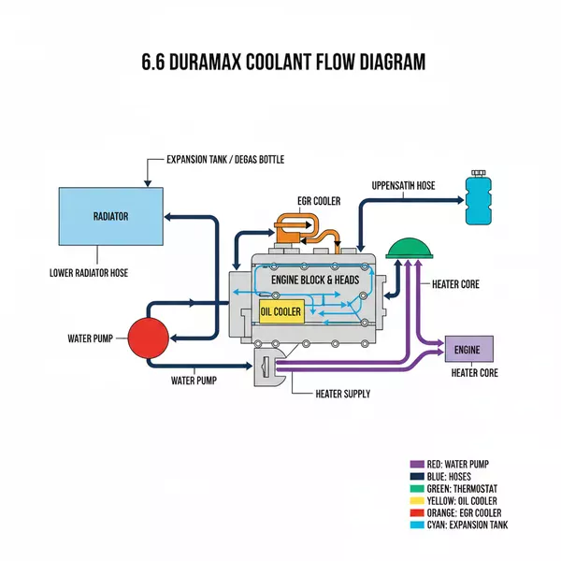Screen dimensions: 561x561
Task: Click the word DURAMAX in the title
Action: click(x=246, y=63)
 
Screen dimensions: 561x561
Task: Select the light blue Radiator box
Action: click(x=110, y=217)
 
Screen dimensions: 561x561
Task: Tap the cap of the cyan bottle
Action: click(x=480, y=175)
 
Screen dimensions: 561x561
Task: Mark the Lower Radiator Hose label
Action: click(x=88, y=274)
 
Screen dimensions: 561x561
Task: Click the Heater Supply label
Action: click(x=344, y=394)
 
